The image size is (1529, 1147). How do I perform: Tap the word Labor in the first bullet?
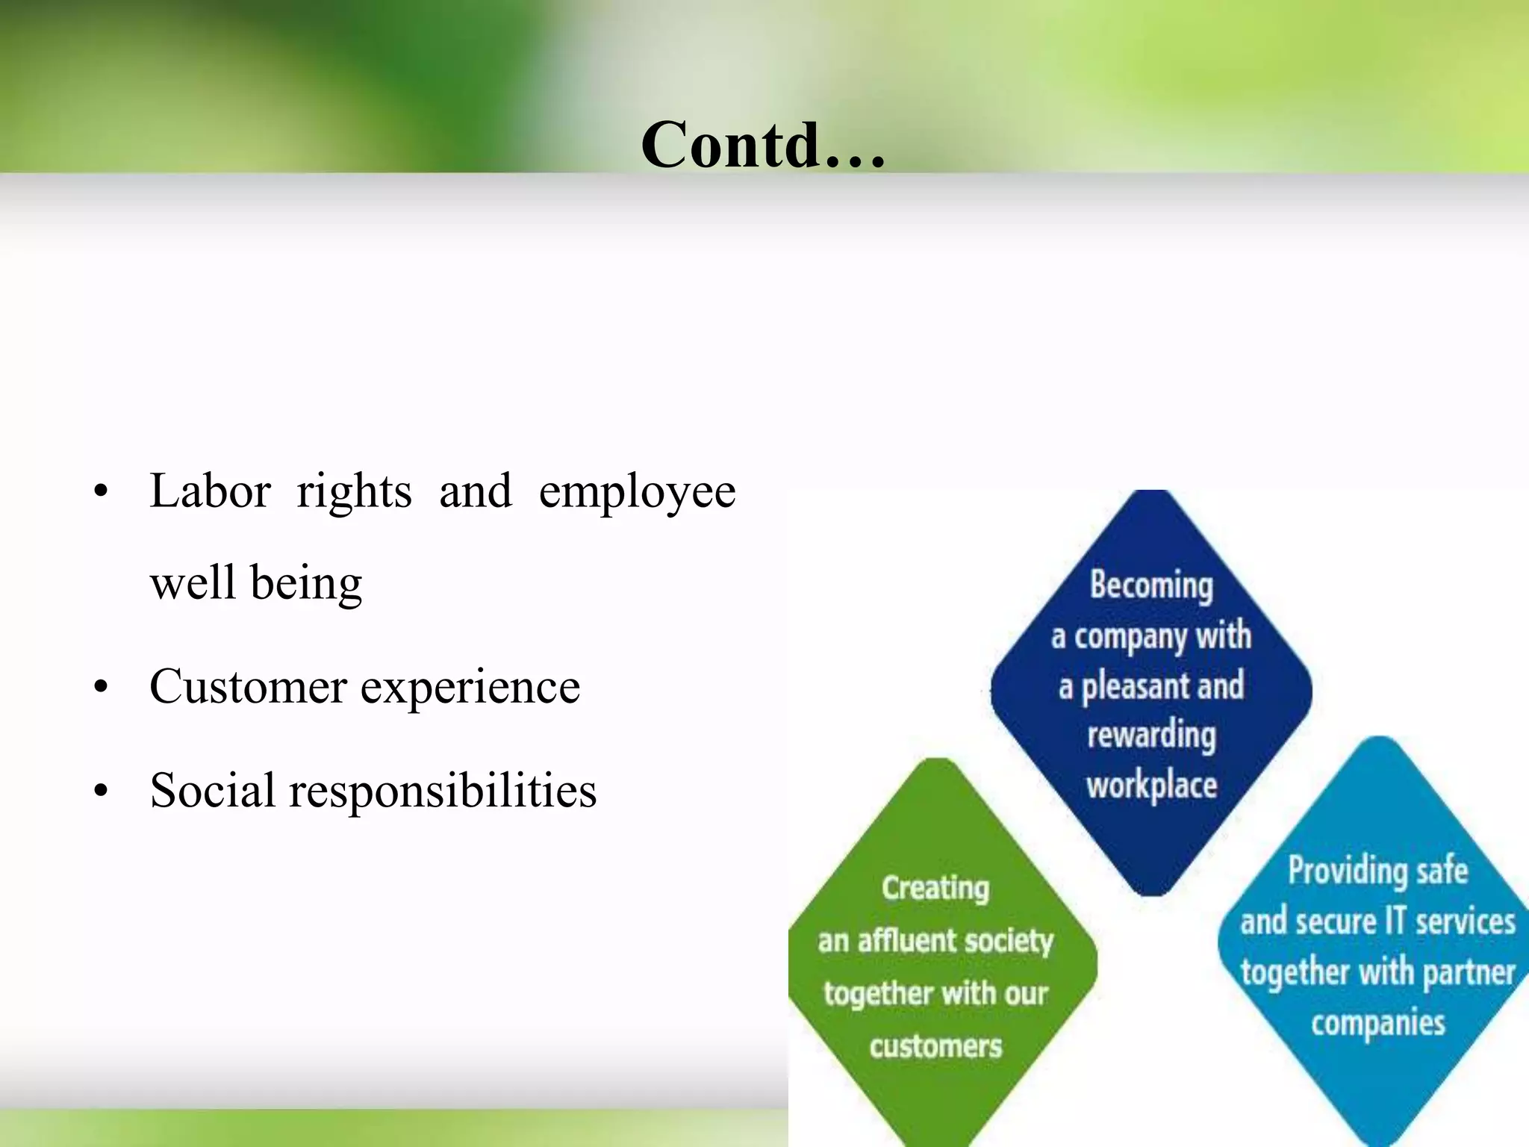210,491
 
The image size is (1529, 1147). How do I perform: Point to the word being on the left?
306,584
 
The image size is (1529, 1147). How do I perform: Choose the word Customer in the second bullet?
248,687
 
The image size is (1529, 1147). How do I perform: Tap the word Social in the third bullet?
212,790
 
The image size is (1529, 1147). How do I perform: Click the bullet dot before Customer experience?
102,687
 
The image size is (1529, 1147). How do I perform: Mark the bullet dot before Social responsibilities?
102,791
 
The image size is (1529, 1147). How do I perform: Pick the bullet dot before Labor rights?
102,492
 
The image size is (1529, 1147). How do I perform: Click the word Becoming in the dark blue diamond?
1151,585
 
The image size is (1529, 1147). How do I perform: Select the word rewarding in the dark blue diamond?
1151,736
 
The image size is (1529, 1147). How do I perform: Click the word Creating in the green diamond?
935,889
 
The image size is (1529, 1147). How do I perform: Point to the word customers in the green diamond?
935,1046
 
